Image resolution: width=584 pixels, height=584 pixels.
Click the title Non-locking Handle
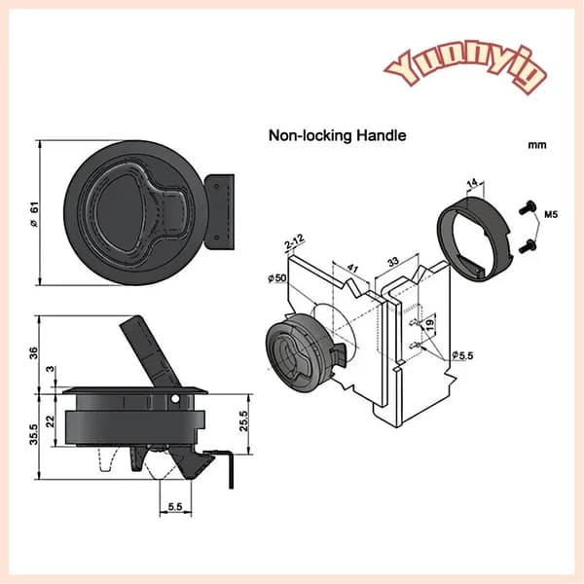(x=338, y=135)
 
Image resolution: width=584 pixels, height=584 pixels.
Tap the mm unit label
(x=537, y=145)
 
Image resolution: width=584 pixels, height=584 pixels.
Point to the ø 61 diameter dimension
(x=35, y=214)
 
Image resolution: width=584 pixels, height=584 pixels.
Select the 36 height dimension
(x=34, y=352)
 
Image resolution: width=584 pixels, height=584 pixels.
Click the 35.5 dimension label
(x=34, y=434)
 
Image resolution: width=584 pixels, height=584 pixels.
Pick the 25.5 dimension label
(x=243, y=420)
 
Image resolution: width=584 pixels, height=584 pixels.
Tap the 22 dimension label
(x=50, y=420)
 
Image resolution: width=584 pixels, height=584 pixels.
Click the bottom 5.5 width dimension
(x=175, y=506)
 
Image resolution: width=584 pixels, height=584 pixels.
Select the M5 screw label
(x=551, y=214)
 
